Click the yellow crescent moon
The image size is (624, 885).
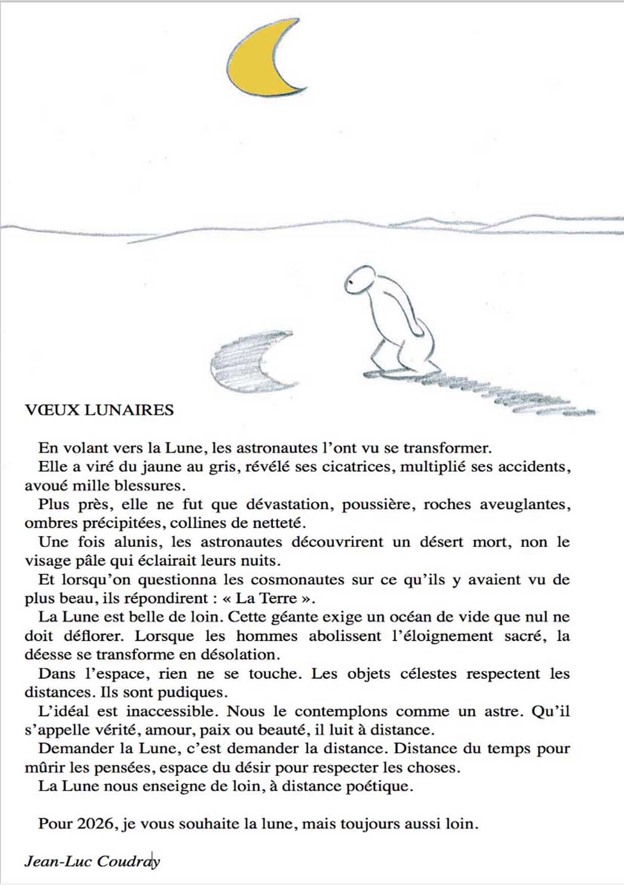point(255,61)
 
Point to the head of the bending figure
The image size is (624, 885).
point(361,280)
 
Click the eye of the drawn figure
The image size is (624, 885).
point(349,286)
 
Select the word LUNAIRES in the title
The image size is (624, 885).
point(129,410)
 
